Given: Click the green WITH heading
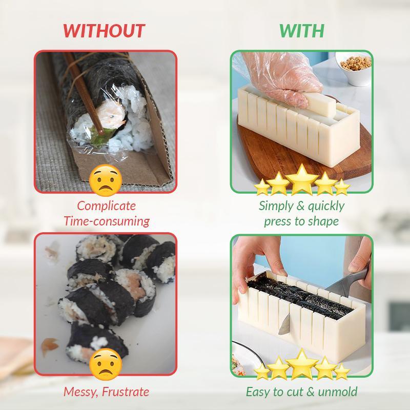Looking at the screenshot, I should pyautogui.click(x=301, y=30).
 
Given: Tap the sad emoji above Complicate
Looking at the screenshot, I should pyautogui.click(x=106, y=181).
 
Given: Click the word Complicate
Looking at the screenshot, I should pyautogui.click(x=106, y=206).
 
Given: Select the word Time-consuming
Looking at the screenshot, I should pyautogui.click(x=106, y=221).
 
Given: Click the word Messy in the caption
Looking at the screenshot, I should pyautogui.click(x=79, y=392).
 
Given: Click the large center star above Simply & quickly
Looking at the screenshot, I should pyautogui.click(x=302, y=179).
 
